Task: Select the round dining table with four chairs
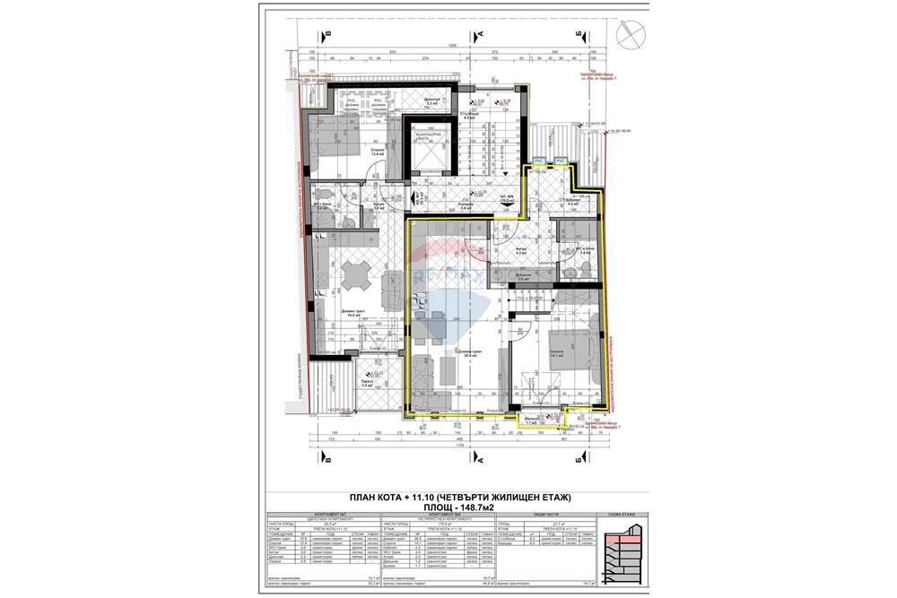356,278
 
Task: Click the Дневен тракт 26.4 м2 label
467,352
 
